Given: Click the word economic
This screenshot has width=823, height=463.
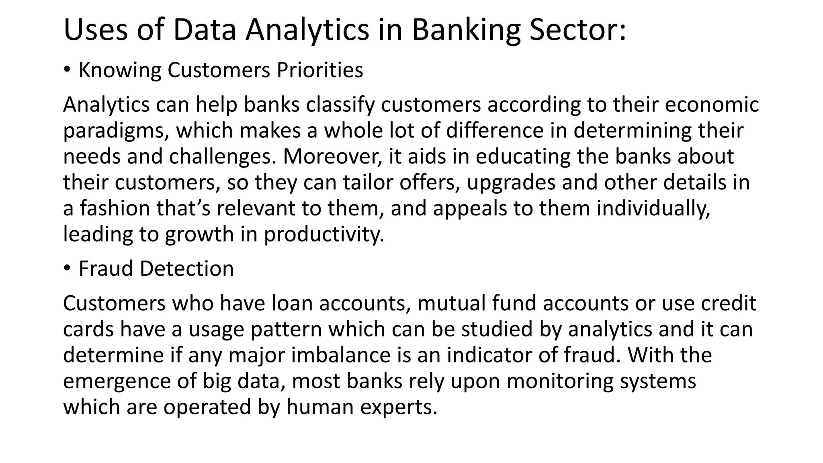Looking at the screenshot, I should pos(712,104).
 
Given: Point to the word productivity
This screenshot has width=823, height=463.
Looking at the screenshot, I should pos(324,234).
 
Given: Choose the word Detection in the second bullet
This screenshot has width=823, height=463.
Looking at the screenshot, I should pos(186,268).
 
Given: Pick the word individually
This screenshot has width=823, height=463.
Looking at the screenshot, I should pos(653,209).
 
